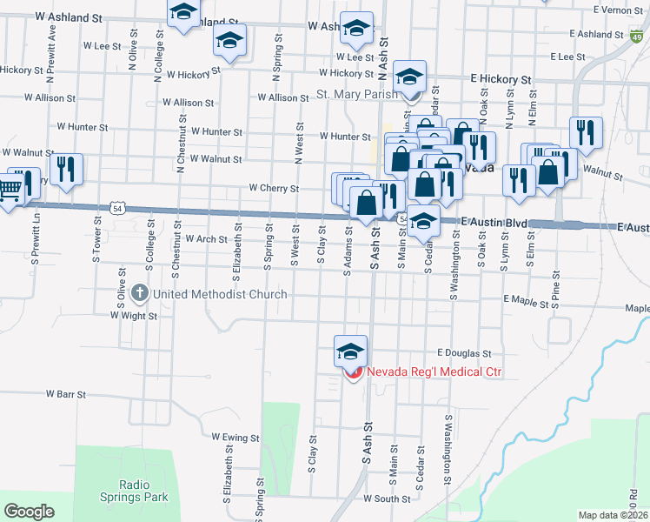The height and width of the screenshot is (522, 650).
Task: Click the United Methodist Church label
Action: tap(220, 294)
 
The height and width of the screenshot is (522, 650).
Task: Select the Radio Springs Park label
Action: tap(143, 491)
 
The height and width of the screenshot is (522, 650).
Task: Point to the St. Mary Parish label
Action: tap(356, 94)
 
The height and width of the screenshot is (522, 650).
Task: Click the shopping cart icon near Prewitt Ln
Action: tap(10, 189)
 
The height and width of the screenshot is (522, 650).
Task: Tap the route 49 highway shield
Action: tap(637, 37)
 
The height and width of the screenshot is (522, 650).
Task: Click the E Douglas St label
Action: tap(464, 354)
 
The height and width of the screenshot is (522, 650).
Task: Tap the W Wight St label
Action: tap(133, 317)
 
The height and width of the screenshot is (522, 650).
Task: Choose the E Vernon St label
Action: tap(620, 10)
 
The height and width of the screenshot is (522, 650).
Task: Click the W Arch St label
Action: tap(205, 238)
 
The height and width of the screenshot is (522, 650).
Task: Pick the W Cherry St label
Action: tap(273, 188)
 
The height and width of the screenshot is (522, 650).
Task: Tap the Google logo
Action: tap(29, 512)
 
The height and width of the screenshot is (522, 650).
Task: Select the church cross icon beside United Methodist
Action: tap(140, 294)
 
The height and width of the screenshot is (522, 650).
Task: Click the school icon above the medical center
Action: tap(350, 351)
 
